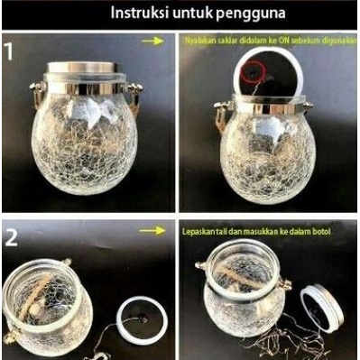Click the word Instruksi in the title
(x=143, y=14)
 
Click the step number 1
(x=10, y=51)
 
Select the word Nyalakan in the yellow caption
(x=200, y=41)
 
